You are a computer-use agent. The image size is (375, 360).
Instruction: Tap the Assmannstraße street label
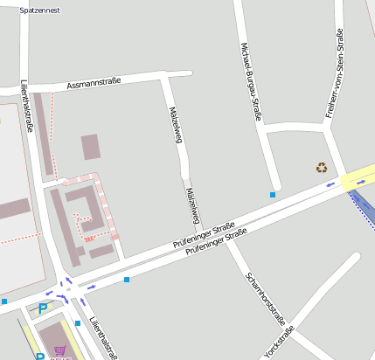point(94,84)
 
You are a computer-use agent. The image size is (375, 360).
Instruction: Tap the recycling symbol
point(322,168)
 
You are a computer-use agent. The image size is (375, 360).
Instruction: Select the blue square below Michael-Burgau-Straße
point(273,195)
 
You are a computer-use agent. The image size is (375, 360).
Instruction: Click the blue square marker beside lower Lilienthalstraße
point(78,323)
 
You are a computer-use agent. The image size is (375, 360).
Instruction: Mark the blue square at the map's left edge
point(4,301)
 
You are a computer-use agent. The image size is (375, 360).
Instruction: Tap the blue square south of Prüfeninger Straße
point(127,280)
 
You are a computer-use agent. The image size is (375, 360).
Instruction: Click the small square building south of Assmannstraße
point(91,147)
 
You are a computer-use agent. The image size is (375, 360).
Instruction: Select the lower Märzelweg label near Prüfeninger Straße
point(193,205)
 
